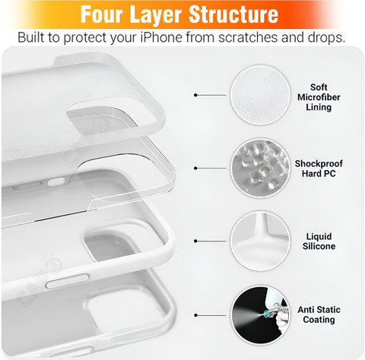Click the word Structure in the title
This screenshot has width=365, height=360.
233,14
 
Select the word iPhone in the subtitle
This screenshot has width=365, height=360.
161,37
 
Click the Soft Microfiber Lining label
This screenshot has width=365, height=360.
319,97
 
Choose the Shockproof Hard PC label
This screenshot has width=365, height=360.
319,169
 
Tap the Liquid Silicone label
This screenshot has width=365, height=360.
319,242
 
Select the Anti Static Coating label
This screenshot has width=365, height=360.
319,314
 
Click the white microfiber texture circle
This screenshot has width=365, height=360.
260,95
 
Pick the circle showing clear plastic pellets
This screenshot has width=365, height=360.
260,168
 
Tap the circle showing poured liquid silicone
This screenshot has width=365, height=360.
260,241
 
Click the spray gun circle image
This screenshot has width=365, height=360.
260,315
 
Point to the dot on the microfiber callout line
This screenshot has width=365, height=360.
195,95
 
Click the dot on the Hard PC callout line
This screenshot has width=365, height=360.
195,168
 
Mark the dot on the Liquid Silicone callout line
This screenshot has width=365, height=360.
195,241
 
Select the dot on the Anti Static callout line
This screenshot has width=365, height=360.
195,315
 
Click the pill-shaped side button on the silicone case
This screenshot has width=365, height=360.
68,281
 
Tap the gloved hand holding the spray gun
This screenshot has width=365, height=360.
283,322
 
